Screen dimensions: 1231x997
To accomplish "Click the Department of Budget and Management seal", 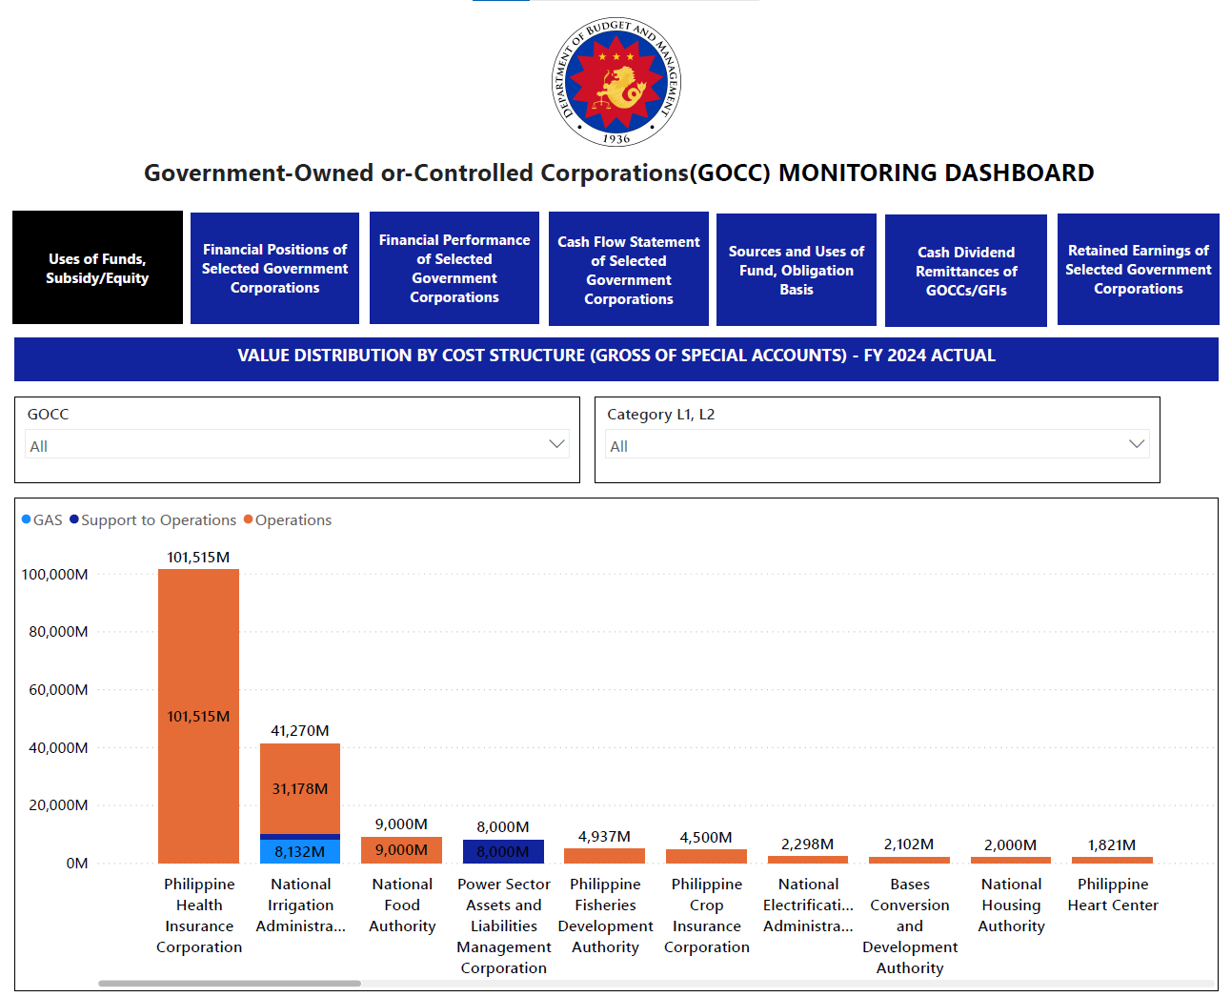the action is coord(616,81).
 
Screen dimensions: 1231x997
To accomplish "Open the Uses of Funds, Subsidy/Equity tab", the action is coord(97,268).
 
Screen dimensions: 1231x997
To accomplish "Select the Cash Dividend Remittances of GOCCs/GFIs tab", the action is coord(966,271).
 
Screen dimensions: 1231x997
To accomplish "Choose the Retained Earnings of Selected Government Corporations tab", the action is coord(1138,270).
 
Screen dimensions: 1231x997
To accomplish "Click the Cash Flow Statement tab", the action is coord(628,270).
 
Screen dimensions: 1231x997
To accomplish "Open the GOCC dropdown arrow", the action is coord(556,444).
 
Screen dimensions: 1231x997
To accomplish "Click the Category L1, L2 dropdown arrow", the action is coord(1137,444).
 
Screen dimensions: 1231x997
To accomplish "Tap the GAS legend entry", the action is coord(42,520).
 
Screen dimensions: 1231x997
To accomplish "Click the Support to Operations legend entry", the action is coord(153,520).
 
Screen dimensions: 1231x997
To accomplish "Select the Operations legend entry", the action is coord(288,520).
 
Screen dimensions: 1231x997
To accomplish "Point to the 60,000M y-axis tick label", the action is coord(58,689).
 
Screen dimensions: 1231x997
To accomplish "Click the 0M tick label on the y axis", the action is coord(77,863).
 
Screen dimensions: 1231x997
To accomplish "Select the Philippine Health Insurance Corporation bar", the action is coord(198,716).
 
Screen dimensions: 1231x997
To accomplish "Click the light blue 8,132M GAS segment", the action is coord(300,851).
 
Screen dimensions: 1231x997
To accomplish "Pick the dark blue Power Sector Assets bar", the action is coord(503,851).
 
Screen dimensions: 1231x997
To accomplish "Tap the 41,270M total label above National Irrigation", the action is coord(300,730).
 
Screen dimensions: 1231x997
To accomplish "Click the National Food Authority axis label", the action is coord(402,905).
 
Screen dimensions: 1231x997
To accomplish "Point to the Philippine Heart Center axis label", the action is coord(1113,895).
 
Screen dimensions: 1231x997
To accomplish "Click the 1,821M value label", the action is coord(1112,845).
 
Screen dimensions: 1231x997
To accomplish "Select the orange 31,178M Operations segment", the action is coord(300,789).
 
